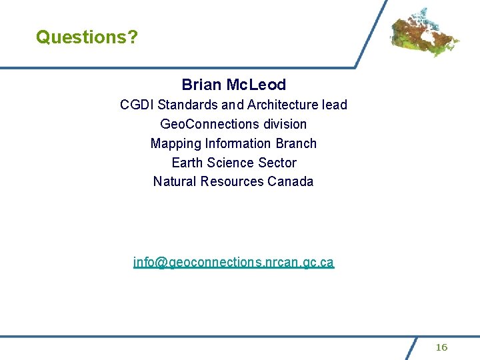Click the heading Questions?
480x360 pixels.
87,37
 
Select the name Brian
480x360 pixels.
202,85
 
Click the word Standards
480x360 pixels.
187,105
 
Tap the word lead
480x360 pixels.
334,105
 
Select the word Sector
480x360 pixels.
279,163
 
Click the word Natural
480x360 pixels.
175,182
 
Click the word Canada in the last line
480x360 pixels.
291,182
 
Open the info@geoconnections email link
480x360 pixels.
233,262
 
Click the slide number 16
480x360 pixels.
441,347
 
